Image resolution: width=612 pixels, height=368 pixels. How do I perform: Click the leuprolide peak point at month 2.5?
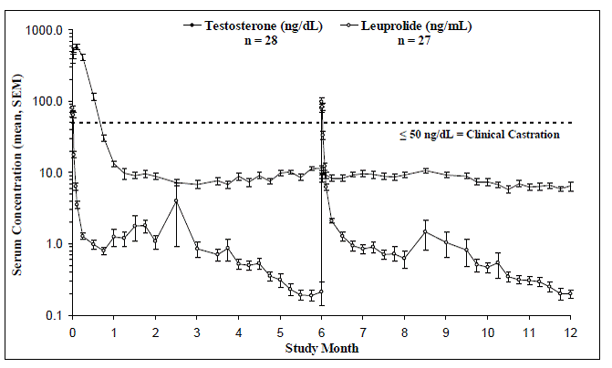(176, 200)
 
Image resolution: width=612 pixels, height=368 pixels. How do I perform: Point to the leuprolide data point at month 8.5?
(425, 232)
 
